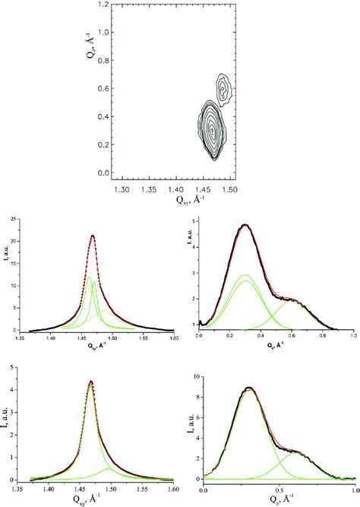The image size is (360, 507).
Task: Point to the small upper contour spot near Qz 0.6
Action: click(x=223, y=89)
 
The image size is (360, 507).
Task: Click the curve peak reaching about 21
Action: click(x=93, y=236)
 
